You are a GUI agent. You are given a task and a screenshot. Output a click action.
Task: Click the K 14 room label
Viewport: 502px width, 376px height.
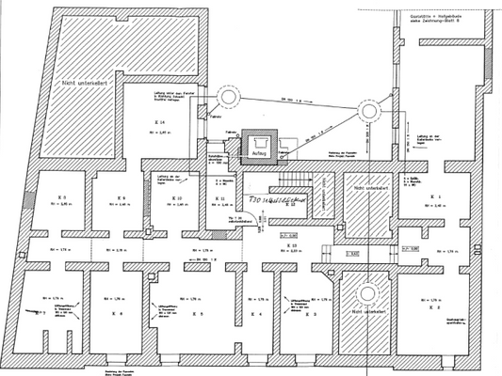[x=162, y=123]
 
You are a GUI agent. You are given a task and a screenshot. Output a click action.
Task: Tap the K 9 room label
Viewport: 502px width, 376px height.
[x=121, y=197]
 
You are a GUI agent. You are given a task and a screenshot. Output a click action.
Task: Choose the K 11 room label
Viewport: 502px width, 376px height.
[x=220, y=199]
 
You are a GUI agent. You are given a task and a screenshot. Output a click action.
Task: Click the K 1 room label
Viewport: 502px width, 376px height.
[x=436, y=196]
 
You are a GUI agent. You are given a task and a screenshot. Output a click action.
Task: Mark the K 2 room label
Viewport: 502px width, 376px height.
[x=435, y=306]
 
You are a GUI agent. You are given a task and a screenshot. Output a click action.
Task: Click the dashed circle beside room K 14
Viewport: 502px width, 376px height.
[x=229, y=97]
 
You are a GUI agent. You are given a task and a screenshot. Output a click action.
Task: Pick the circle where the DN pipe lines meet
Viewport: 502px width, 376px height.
[x=367, y=112]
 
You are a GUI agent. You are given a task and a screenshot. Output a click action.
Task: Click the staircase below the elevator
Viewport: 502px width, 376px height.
[x=297, y=179]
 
